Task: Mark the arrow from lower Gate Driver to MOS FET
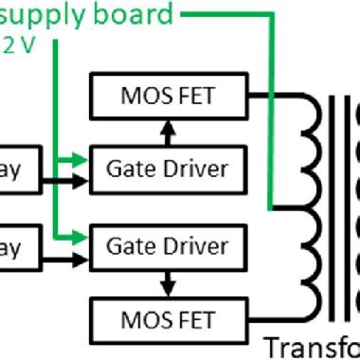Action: click(x=167, y=281)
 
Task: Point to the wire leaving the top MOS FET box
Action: click(x=275, y=94)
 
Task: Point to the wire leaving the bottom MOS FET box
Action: click(x=275, y=315)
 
